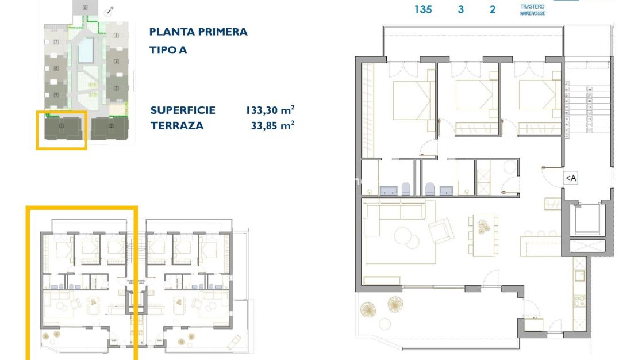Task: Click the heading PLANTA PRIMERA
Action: coord(198,32)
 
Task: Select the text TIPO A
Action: coord(168,50)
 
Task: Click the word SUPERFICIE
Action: coord(183,110)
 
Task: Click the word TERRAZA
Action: coord(177,125)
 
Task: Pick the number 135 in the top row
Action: coord(422,9)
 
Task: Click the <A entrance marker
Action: coord(570,178)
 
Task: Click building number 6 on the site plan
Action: coord(85,7)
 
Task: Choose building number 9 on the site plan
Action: coord(56,95)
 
